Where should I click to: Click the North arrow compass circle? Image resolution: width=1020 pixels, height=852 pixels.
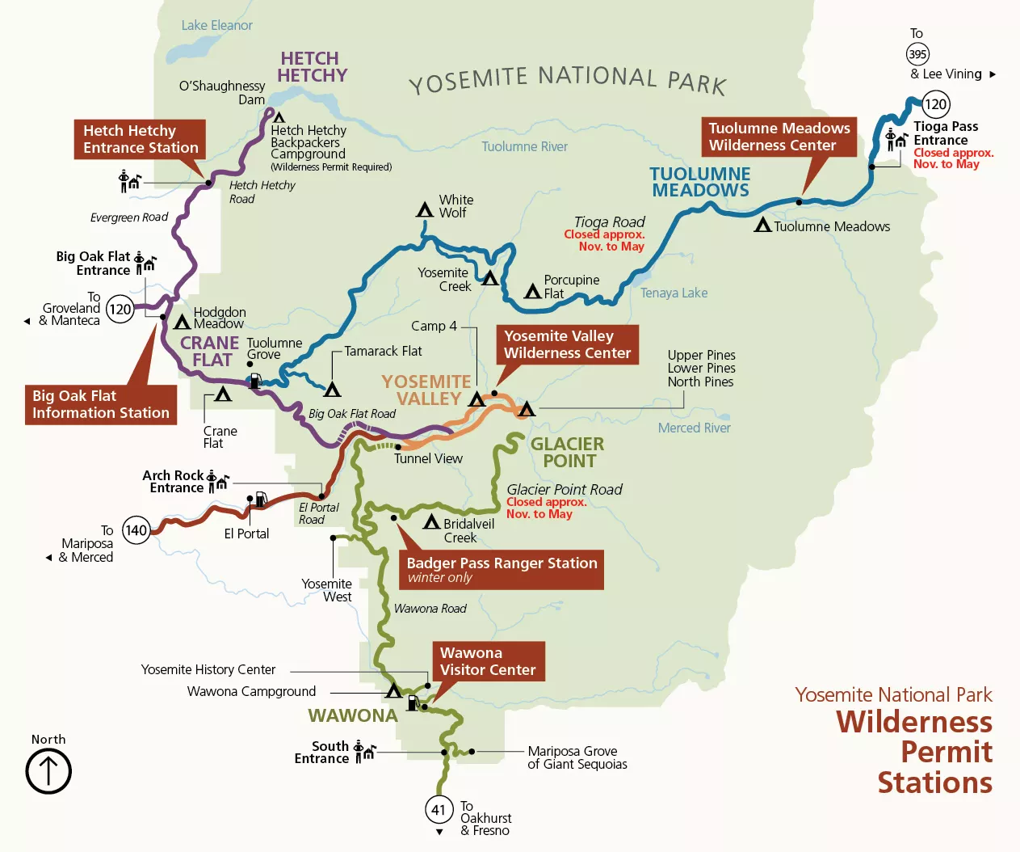(x=48, y=771)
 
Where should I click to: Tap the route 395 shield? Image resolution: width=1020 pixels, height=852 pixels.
(x=917, y=54)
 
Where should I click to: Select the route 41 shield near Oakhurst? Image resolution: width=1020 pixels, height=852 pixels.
(x=439, y=809)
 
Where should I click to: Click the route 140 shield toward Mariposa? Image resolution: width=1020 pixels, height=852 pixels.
(x=136, y=530)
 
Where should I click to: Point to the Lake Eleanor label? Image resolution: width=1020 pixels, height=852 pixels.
(x=216, y=26)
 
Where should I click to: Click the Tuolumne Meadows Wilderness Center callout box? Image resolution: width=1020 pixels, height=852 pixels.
(x=779, y=137)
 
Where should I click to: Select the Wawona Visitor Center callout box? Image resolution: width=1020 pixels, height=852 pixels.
(x=487, y=661)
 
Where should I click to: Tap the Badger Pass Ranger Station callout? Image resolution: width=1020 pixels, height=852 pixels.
(x=501, y=569)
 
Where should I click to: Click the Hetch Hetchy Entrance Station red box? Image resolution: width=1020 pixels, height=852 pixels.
(x=140, y=139)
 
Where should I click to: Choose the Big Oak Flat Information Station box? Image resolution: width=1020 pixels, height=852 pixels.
(x=100, y=404)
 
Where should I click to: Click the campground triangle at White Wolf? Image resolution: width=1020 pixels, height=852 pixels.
(x=425, y=210)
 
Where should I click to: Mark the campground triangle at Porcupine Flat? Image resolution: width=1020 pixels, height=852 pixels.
(x=532, y=292)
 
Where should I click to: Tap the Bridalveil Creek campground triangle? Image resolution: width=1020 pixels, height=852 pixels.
(x=432, y=522)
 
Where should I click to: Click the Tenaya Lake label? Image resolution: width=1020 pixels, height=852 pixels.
(x=674, y=293)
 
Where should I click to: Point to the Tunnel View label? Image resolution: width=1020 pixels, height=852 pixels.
(x=428, y=458)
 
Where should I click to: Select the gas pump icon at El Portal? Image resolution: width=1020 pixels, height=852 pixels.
(x=261, y=500)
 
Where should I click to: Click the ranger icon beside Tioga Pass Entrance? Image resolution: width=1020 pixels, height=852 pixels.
(x=896, y=139)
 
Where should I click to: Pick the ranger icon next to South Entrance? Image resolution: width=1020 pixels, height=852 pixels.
(x=364, y=752)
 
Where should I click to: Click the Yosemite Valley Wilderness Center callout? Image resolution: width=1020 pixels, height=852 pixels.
(x=567, y=344)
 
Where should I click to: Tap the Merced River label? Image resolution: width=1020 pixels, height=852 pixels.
(x=694, y=428)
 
